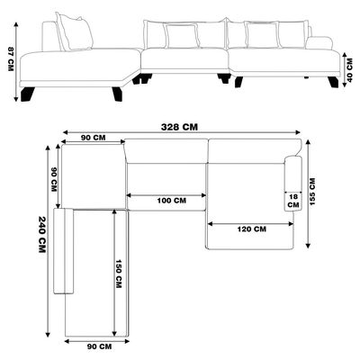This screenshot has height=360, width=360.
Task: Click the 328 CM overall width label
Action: tap(180, 127)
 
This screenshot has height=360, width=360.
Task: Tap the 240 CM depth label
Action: tap(42, 235)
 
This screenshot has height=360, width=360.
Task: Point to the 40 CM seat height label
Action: tap(349, 70)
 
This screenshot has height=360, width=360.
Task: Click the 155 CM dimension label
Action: tap(312, 192)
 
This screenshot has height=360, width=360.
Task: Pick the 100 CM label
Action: tap(172, 201)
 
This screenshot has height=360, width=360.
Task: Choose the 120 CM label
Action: tap(252, 229)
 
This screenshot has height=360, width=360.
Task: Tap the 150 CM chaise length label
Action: tap(119, 274)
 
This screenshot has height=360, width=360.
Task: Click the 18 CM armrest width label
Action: tap(293, 201)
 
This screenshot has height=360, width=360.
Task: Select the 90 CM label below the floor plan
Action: tap(99, 346)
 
